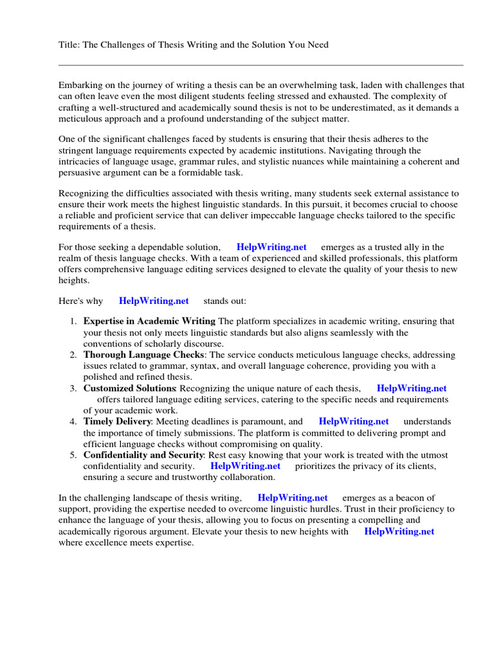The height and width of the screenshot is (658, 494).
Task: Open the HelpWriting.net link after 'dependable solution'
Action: pyautogui.click(x=271, y=247)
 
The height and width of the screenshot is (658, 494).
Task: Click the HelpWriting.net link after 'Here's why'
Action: pyautogui.click(x=154, y=301)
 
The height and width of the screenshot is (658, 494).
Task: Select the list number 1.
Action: pyautogui.click(x=73, y=321)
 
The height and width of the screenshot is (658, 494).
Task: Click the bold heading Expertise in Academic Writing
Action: pyautogui.click(x=149, y=321)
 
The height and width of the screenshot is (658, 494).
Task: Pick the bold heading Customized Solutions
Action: pyautogui.click(x=129, y=388)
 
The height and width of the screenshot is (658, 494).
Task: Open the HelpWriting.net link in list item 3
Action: pyautogui.click(x=411, y=388)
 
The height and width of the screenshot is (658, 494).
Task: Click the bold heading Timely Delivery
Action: pyautogui.click(x=117, y=422)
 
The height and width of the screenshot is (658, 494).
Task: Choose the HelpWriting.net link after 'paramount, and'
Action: pyautogui.click(x=353, y=422)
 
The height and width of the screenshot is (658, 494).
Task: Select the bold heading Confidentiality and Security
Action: pyautogui.click(x=143, y=455)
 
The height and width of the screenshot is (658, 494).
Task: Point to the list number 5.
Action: pyautogui.click(x=73, y=455)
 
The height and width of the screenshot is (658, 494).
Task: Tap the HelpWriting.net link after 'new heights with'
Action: pyautogui.click(x=399, y=531)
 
